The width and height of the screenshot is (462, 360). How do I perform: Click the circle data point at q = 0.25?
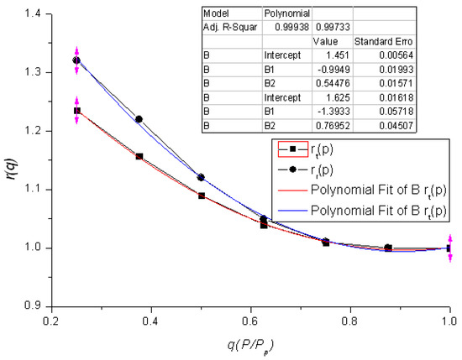coord(76,60)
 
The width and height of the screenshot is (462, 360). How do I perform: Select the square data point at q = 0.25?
coord(76,111)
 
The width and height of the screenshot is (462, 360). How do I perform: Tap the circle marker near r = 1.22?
coord(139,119)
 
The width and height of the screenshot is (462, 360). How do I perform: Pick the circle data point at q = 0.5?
coord(201,177)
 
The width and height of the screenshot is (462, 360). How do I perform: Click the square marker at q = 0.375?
coord(139,156)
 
